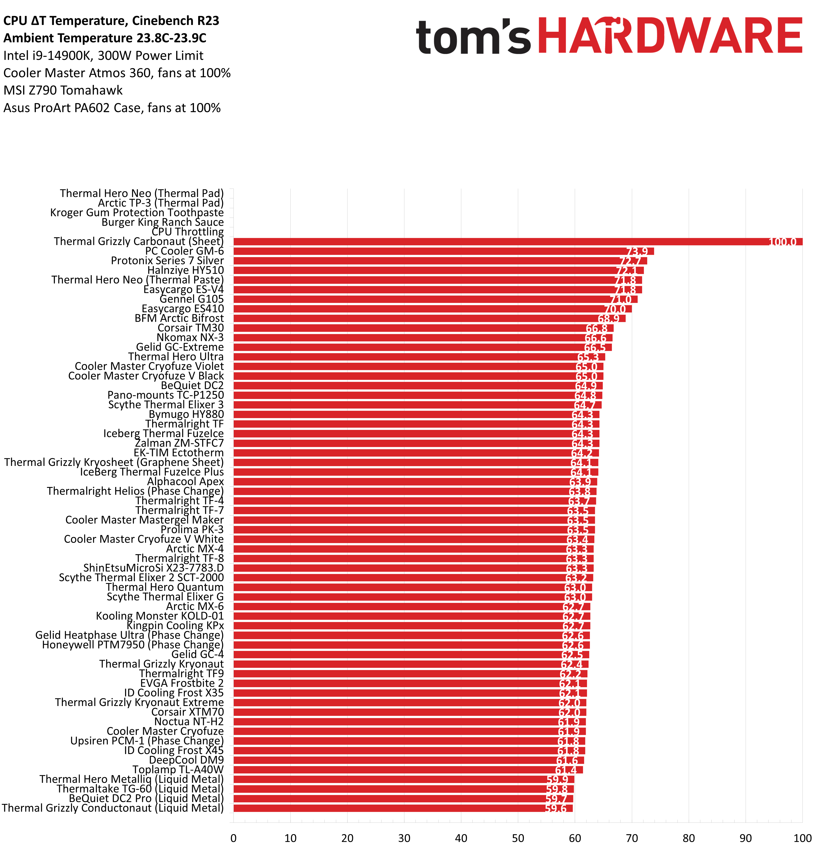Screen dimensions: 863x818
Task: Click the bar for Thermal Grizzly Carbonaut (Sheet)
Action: pyautogui.click(x=501, y=241)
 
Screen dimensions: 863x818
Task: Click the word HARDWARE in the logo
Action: pyautogui.click(x=670, y=36)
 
